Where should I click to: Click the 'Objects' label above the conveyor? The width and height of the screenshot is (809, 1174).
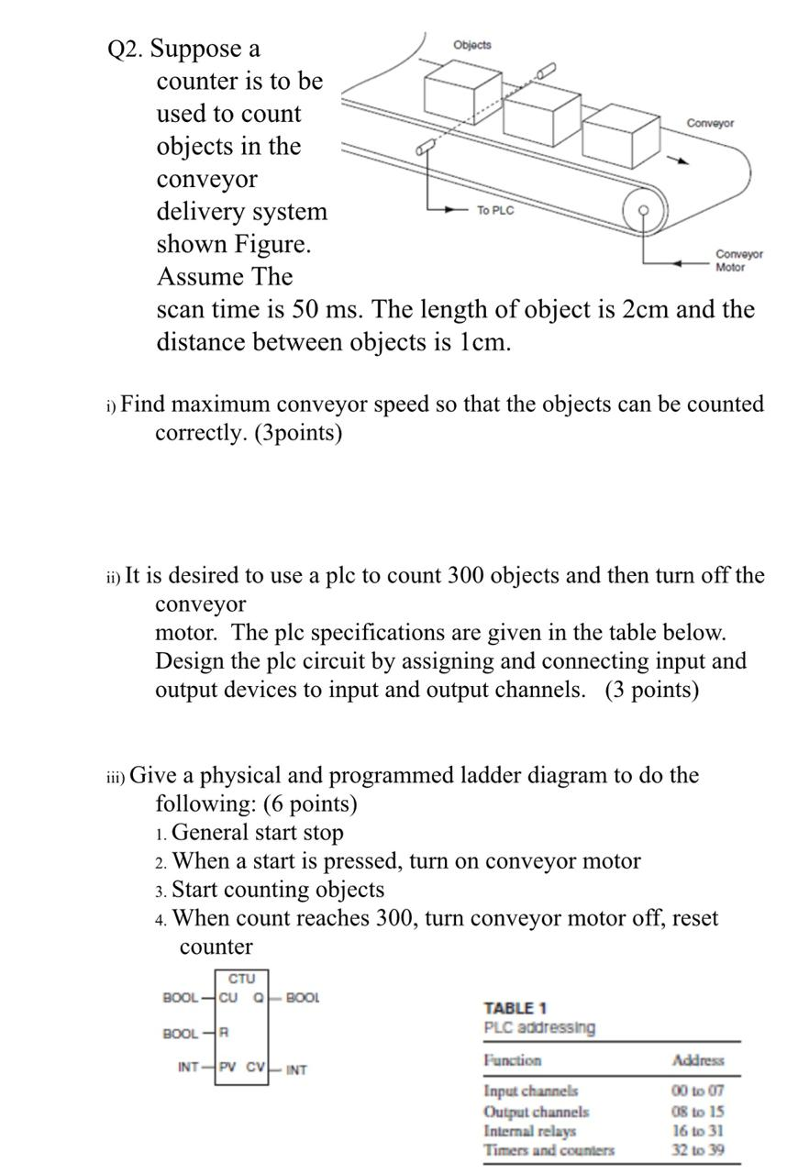(x=472, y=45)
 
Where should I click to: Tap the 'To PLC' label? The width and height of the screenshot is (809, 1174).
(x=495, y=211)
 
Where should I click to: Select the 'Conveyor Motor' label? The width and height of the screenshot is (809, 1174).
(x=738, y=260)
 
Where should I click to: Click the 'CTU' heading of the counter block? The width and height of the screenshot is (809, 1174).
(x=242, y=980)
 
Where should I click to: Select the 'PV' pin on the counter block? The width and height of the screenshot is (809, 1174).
(x=228, y=1068)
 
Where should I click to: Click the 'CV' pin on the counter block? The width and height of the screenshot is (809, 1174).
(x=256, y=1068)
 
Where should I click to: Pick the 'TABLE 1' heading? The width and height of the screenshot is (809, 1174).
(x=515, y=1008)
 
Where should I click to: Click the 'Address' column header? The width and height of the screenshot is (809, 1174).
(x=698, y=1060)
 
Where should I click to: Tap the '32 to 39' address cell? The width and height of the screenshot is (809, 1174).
(x=698, y=1149)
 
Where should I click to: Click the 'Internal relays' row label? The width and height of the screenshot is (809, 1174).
(x=530, y=1130)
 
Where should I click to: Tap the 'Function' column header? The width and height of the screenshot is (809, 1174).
(x=513, y=1060)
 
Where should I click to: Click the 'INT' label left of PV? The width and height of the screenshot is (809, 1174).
(x=189, y=1068)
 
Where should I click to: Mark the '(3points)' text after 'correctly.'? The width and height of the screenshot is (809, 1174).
(x=294, y=433)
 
